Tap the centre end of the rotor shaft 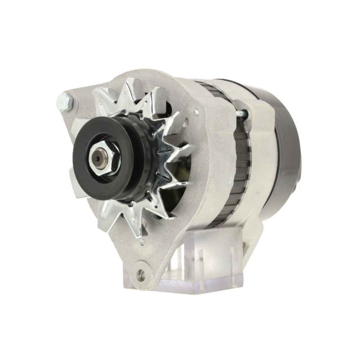99,158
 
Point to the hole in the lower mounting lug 141,275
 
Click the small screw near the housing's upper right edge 196,113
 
